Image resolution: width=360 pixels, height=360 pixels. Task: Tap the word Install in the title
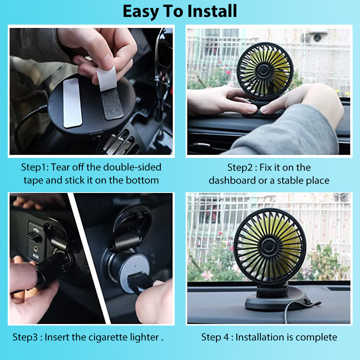pyautogui.click(x=212, y=12)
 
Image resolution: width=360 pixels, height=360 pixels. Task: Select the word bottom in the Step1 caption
pyautogui.click(x=142, y=181)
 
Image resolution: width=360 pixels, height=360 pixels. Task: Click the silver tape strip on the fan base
pyautogui.click(x=73, y=102)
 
